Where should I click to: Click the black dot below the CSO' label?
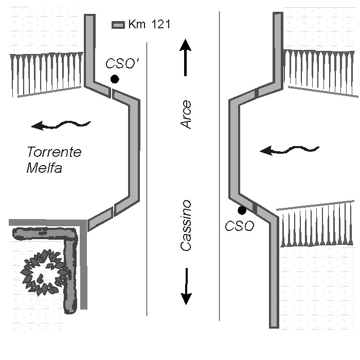115,79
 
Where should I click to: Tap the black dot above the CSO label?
242,210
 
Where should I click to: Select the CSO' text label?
123,63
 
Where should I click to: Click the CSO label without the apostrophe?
240,226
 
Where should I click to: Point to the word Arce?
186,114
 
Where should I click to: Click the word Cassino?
186,225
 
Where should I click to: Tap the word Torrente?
54,152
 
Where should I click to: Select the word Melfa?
44,168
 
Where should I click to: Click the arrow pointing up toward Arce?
186,57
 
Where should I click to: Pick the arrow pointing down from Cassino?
186,286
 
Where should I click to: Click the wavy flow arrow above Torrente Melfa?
61,124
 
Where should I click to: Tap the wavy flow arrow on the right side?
290,150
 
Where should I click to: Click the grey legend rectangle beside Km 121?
118,25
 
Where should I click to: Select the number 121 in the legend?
161,24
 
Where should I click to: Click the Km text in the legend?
137,24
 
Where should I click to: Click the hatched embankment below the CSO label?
317,224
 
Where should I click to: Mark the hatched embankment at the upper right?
320,72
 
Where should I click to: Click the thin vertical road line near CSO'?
147,179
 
